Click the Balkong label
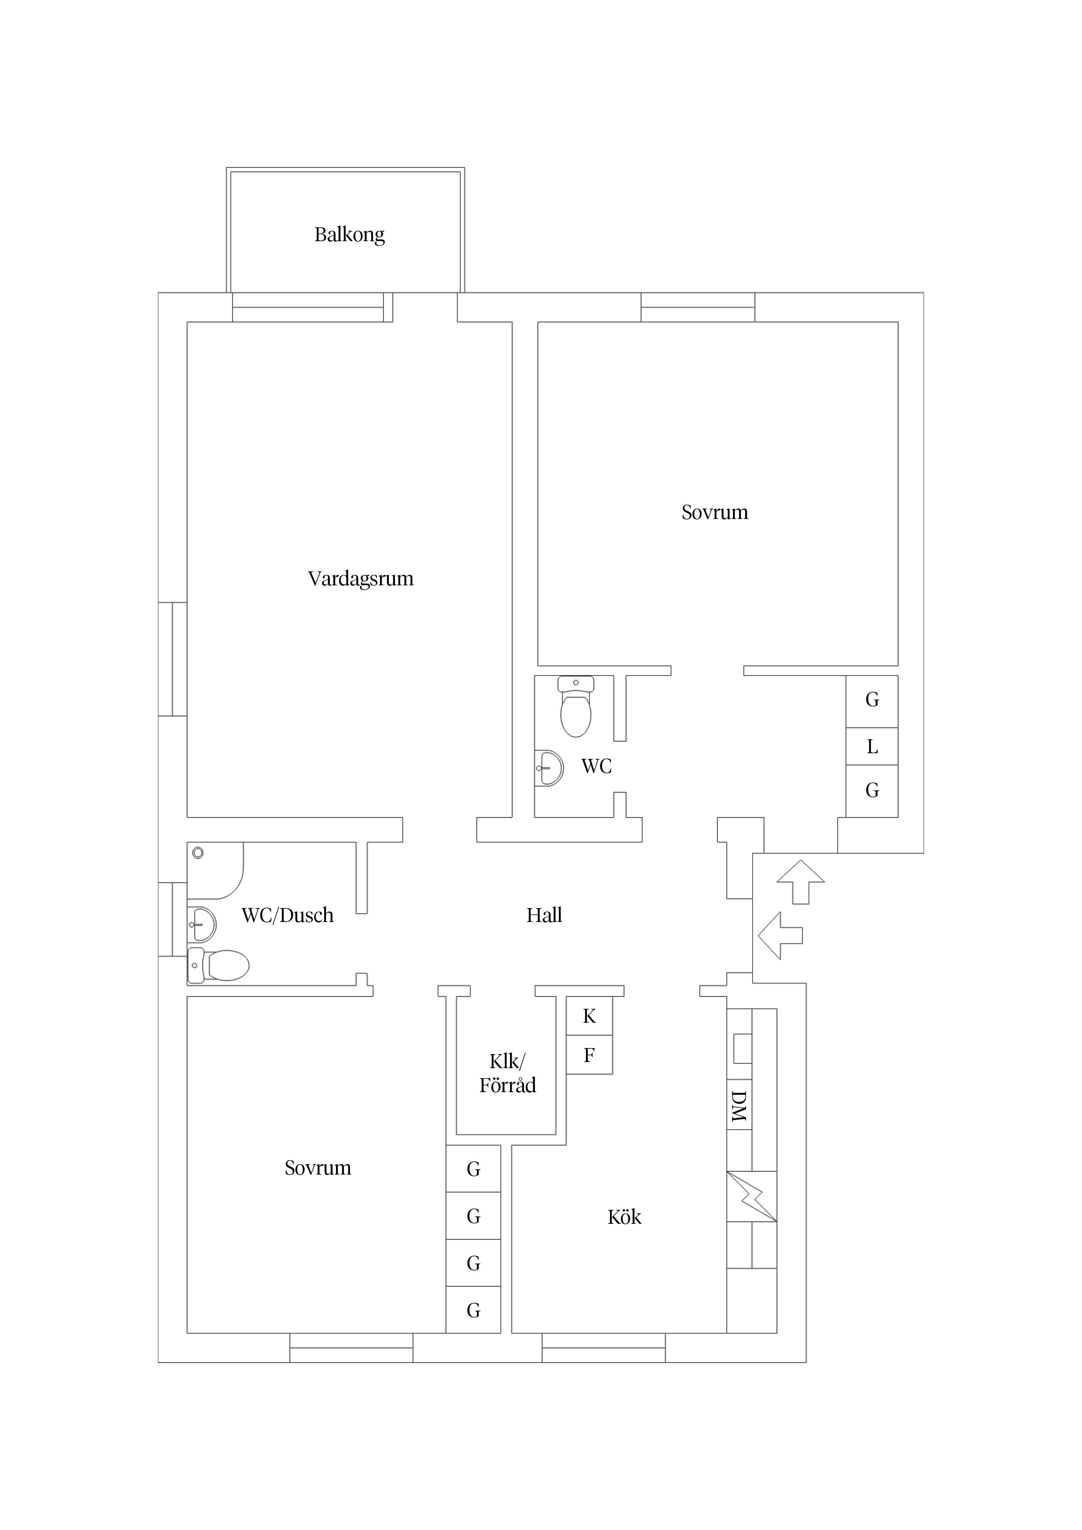tap(349, 235)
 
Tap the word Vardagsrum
tap(361, 578)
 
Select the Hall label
tap(544, 915)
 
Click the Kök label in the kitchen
tap(624, 1217)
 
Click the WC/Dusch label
tap(288, 915)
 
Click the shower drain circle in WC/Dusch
tap(198, 853)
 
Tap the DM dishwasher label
tap(739, 1106)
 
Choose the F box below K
tap(589, 1055)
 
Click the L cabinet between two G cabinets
tap(872, 746)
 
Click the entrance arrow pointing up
tap(801, 881)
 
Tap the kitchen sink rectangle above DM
tap(742, 1048)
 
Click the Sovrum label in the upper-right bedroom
tap(715, 512)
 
